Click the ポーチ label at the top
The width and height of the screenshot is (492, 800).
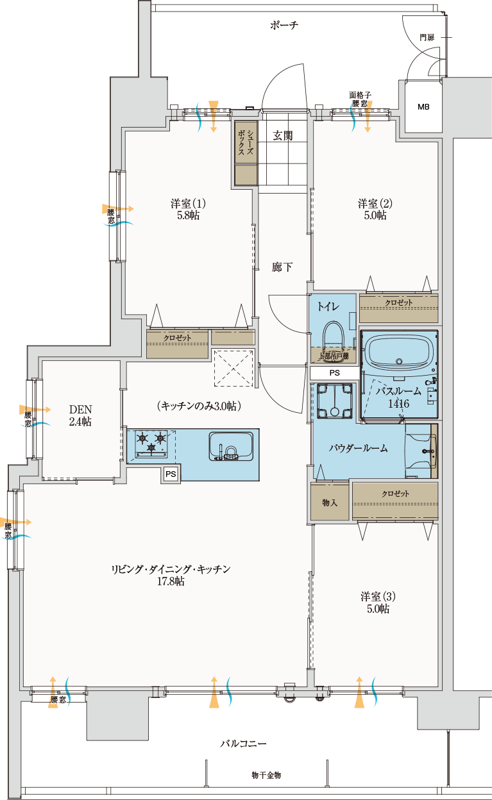pyautogui.click(x=284, y=26)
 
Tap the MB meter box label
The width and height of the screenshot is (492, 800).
pyautogui.click(x=423, y=107)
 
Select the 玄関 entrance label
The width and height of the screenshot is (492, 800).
pyautogui.click(x=283, y=136)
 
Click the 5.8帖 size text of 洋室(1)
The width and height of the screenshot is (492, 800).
pyautogui.click(x=189, y=215)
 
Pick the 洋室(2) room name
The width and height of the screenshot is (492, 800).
pyautogui.click(x=375, y=204)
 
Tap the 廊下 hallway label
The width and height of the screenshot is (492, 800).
pyautogui.click(x=282, y=267)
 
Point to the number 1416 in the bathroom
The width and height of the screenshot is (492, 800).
pyautogui.click(x=399, y=404)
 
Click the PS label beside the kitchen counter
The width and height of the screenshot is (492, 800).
pyautogui.click(x=171, y=474)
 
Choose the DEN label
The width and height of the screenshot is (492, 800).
pyautogui.click(x=80, y=409)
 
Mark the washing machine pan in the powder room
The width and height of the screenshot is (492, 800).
pyautogui.click(x=335, y=401)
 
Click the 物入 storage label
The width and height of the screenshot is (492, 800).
pyautogui.click(x=330, y=503)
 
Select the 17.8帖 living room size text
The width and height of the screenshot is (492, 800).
pyautogui.click(x=171, y=581)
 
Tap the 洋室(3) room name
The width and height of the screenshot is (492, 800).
pyautogui.click(x=378, y=596)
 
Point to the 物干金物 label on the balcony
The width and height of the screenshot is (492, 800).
pyautogui.click(x=266, y=776)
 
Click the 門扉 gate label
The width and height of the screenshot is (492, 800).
pyautogui.click(x=427, y=37)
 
